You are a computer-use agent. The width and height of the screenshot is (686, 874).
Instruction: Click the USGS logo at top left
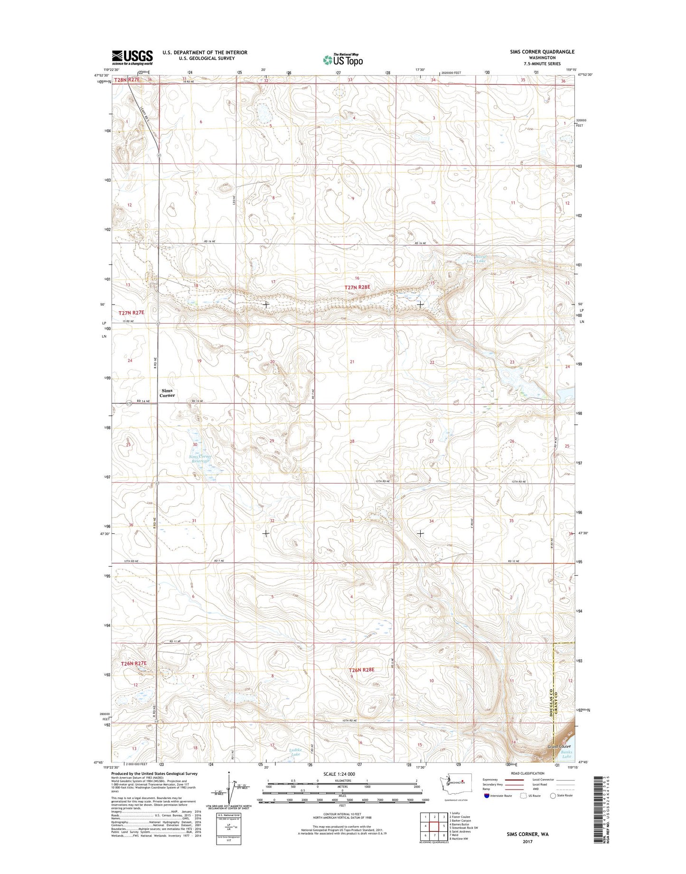[132, 57]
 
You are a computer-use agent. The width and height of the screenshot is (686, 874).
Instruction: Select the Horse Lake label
[481, 259]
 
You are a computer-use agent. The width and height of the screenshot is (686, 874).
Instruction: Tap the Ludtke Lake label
[295, 752]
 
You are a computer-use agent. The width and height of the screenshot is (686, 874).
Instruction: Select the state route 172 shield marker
[129, 403]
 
